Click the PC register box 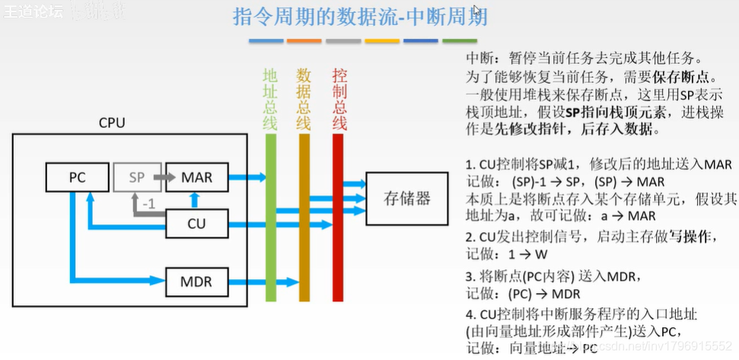[77, 177]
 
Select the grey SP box [137, 177]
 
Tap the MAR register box [196, 177]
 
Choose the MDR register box [196, 283]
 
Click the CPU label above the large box [112, 123]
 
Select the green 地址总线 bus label [271, 99]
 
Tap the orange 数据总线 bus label [304, 99]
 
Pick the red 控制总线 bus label [339, 99]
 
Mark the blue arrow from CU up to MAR [195, 200]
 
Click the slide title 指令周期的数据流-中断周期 [360, 17]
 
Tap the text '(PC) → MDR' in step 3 [543, 294]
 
